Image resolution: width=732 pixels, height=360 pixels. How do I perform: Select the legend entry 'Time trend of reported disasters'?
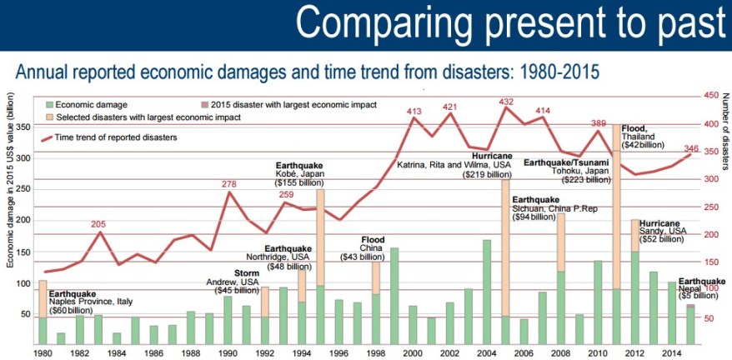pyautogui.click(x=116, y=136)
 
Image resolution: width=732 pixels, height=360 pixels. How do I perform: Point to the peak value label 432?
pyautogui.click(x=505, y=102)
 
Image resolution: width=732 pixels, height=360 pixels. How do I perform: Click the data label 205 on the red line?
pyautogui.click(x=99, y=224)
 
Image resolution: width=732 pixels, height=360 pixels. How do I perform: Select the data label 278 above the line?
pyautogui.click(x=229, y=183)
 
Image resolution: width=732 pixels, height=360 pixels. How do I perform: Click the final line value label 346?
pyautogui.click(x=690, y=149)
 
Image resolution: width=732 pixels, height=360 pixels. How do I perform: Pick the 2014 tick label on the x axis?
pyautogui.click(x=672, y=352)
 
